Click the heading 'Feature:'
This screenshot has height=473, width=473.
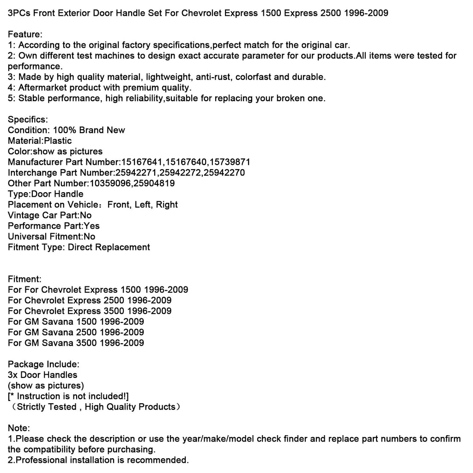point(25,35)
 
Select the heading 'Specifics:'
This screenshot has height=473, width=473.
point(28,120)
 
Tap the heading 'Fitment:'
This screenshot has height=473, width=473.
point(25,279)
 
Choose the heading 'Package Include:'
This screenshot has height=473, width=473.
point(43,364)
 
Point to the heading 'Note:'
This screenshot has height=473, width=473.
point(19,428)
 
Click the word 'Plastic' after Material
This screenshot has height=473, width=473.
point(57,141)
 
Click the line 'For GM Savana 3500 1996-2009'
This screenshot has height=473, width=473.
point(76,343)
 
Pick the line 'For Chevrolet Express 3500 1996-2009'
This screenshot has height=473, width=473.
point(90,311)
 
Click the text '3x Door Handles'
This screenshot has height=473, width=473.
point(42,375)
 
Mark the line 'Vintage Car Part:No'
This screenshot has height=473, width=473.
point(50,215)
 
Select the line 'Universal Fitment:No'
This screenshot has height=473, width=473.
point(52,236)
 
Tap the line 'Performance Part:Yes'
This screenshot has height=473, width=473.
point(54,226)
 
